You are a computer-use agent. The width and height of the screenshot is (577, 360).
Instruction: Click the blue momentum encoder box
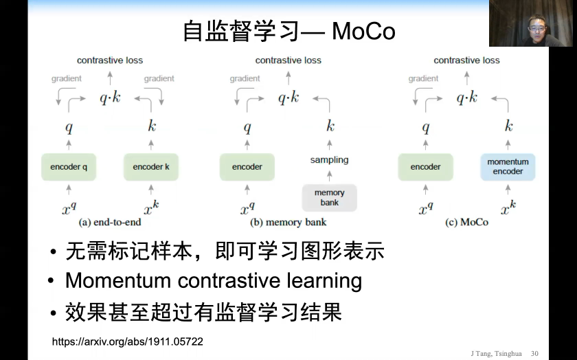pyautogui.click(x=508, y=167)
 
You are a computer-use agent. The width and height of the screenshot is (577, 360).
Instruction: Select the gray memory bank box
pyautogui.click(x=329, y=198)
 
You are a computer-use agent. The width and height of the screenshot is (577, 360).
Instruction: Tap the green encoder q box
pyautogui.click(x=69, y=167)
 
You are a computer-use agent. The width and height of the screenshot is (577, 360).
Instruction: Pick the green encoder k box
pyautogui.click(x=151, y=167)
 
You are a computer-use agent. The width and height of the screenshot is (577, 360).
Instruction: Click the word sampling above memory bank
pyautogui.click(x=329, y=160)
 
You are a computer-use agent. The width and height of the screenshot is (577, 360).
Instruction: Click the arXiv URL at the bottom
pyautogui.click(x=127, y=341)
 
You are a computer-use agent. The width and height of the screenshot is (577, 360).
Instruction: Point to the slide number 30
pyautogui.click(x=534, y=353)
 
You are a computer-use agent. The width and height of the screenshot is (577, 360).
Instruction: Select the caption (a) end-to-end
pyautogui.click(x=110, y=222)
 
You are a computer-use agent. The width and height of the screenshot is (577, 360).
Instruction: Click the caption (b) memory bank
pyautogui.click(x=288, y=222)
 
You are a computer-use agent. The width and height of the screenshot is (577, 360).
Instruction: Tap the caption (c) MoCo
pyautogui.click(x=466, y=222)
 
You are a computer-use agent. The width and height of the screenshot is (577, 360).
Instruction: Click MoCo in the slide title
pyautogui.click(x=363, y=32)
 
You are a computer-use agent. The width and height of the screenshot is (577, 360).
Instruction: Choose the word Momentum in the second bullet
pyautogui.click(x=118, y=280)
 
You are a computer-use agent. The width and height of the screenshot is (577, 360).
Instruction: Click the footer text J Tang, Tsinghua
pyautogui.click(x=496, y=354)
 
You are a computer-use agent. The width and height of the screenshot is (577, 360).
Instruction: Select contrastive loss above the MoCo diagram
pyautogui.click(x=466, y=60)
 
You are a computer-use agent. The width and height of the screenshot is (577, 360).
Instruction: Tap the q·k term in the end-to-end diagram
pyautogui.click(x=110, y=98)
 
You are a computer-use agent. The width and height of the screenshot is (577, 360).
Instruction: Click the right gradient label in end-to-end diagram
pyautogui.click(x=159, y=78)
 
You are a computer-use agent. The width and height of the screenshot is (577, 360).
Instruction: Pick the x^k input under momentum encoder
pyautogui.click(x=508, y=208)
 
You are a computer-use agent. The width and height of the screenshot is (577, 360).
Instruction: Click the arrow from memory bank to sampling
pyautogui.click(x=329, y=176)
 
